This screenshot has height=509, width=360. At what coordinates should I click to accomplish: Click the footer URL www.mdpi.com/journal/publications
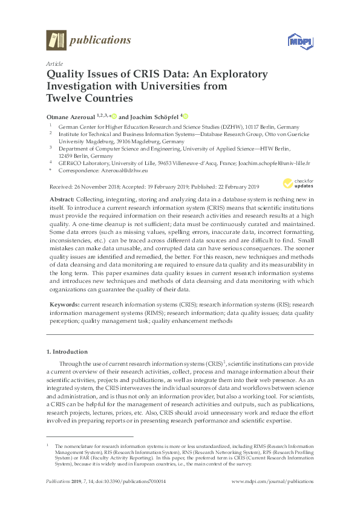(273, 482)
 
